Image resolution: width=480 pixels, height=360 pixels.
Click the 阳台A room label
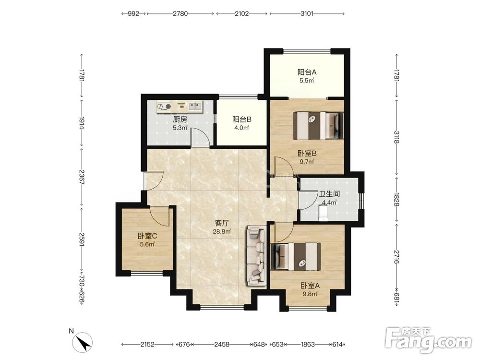[x=307, y=72]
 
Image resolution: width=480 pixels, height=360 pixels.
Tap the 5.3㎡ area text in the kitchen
[x=180, y=128]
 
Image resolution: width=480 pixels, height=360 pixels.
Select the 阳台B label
[x=242, y=120]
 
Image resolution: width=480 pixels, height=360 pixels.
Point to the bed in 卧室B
[x=318, y=125]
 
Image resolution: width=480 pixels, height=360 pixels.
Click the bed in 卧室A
[x=296, y=257]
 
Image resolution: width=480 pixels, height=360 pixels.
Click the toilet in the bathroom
[x=323, y=213]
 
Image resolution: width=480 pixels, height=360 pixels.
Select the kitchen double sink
[x=195, y=106]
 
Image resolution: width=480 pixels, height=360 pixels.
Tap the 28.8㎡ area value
[x=222, y=232]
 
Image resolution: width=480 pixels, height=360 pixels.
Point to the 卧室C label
[x=147, y=236]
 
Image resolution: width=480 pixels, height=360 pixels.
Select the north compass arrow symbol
[x=83, y=342]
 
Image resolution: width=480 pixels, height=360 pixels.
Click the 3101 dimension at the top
[x=307, y=13]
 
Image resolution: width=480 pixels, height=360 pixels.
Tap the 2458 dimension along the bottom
[x=222, y=344]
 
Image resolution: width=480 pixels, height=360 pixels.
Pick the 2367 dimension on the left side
[x=82, y=177]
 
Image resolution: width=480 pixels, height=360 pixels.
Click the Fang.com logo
[x=429, y=339]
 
